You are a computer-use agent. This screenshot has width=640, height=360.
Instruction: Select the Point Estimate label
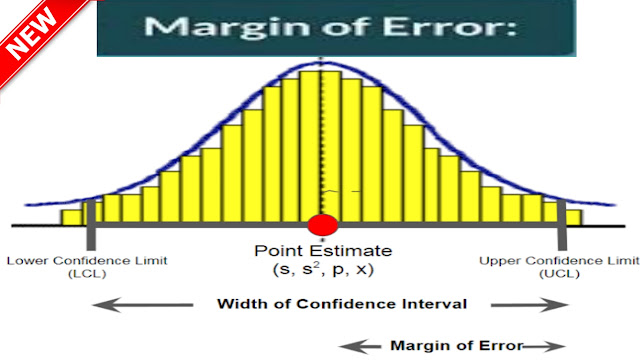click(323, 250)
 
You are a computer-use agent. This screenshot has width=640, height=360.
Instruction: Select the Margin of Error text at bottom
click(457, 345)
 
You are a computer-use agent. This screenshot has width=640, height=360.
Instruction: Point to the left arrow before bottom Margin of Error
click(359, 345)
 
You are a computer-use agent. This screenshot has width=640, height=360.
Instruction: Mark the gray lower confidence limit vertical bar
click(90, 224)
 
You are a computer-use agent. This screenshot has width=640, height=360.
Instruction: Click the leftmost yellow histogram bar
click(70, 216)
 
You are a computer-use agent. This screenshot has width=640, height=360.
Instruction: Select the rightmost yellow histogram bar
click(573, 216)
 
